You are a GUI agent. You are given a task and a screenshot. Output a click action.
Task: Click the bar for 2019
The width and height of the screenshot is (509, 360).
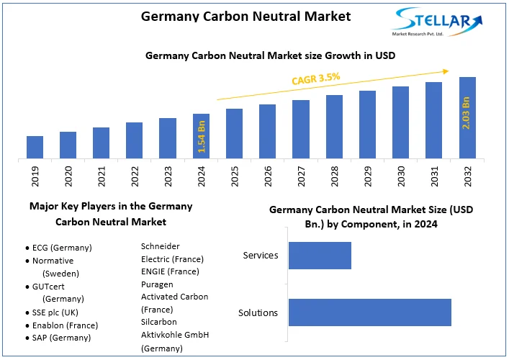click(35, 147)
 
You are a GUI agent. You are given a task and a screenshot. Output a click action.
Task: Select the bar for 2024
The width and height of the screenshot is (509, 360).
click(201, 136)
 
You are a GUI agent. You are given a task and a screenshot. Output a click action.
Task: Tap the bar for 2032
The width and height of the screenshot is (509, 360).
click(467, 117)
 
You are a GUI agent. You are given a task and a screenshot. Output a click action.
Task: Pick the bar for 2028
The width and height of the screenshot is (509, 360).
click(334, 127)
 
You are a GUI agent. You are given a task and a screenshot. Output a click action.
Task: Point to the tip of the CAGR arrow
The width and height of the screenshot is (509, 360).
click(449, 71)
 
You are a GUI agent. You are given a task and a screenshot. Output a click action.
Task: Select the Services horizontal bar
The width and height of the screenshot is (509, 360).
click(320, 256)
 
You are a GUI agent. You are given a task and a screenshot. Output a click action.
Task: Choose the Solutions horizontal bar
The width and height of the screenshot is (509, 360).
click(369, 312)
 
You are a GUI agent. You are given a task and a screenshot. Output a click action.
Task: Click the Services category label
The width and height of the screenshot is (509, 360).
click(260, 256)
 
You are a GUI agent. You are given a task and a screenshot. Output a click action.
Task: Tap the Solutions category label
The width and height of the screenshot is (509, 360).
click(258, 312)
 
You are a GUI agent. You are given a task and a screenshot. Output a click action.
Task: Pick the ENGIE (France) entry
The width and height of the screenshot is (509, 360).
click(170, 271)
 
